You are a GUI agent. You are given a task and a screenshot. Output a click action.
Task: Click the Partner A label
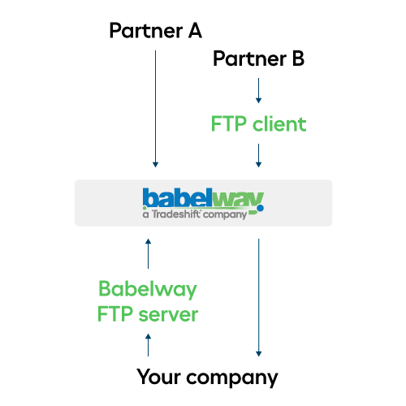coord(156,31)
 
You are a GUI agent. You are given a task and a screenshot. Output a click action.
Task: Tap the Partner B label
coord(259,58)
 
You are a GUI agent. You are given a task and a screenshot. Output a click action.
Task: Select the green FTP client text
coord(258,124)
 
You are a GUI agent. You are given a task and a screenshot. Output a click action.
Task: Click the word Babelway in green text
coord(148,289)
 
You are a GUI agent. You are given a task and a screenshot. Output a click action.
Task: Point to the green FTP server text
coord(148,314)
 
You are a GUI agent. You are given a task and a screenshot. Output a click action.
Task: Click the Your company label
coord(207,377)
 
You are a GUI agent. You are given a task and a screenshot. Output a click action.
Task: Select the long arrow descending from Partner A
coord(155,109)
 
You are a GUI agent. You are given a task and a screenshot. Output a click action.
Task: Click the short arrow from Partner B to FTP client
coord(258,91)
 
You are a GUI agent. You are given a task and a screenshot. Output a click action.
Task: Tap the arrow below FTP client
coord(258,155)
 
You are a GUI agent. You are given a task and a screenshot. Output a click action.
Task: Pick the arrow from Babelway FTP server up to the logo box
coord(148,253)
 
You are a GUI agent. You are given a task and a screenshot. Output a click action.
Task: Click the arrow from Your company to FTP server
coord(148,345)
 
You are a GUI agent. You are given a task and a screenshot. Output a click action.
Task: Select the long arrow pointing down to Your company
coord(258,297)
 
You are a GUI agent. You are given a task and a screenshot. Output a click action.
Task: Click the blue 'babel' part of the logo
coord(177,197)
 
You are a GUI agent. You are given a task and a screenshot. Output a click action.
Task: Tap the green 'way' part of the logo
coord(238,200)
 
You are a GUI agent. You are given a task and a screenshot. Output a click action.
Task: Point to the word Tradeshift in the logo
coord(176,214)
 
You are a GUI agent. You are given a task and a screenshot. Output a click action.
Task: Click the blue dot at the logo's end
coord(260,208)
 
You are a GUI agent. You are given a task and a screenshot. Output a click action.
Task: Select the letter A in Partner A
coord(195,31)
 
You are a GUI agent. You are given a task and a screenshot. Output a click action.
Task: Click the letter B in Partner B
coord(298,58)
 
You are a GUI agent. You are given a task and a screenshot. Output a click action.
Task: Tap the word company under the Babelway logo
coord(225,215)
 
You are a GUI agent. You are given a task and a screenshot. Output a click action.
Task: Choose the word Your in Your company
coord(158,376)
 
